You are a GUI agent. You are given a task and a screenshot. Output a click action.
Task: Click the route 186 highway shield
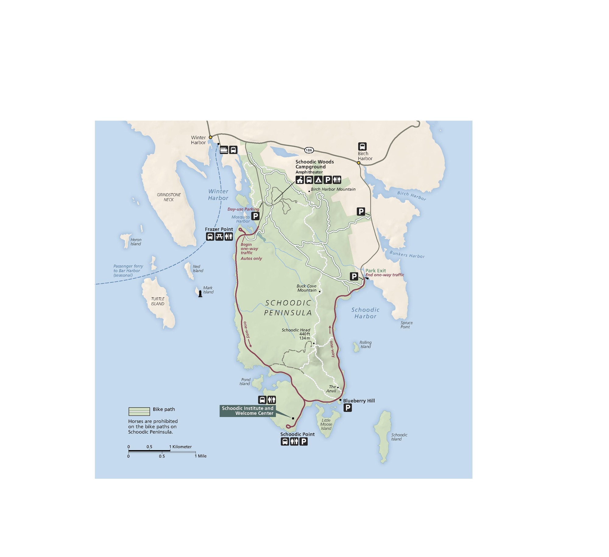[309, 150]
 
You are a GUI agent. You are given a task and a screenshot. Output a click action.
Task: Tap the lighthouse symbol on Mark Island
[200, 293]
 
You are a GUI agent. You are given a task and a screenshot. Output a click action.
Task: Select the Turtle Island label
[158, 301]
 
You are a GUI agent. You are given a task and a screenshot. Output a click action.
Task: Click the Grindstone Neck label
[169, 197]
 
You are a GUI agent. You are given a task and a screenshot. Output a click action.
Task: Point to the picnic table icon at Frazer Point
[219, 236]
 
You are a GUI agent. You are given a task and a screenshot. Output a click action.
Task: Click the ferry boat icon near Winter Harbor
[224, 150]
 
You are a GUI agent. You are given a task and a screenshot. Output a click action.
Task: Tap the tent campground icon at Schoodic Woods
[318, 180]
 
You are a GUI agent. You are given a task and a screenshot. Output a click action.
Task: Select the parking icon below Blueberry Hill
[348, 408]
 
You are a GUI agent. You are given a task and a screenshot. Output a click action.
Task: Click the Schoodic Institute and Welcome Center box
[247, 411]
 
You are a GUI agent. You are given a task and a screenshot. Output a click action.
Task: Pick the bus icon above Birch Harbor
[362, 146]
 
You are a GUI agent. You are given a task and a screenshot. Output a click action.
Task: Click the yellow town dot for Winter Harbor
[210, 137]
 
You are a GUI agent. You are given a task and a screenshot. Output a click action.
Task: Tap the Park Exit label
[375, 271]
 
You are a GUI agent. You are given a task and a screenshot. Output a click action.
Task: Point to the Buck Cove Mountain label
[306, 288]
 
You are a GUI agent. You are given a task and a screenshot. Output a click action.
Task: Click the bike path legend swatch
[139, 411]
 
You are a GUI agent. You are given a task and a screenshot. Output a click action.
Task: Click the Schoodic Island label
[399, 437]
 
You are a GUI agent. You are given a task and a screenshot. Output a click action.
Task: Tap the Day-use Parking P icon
[255, 216]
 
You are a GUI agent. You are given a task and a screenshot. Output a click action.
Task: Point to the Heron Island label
[136, 242]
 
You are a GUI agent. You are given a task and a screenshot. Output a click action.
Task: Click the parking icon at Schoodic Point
[303, 442]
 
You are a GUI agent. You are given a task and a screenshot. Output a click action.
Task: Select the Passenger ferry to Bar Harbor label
[128, 271]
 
